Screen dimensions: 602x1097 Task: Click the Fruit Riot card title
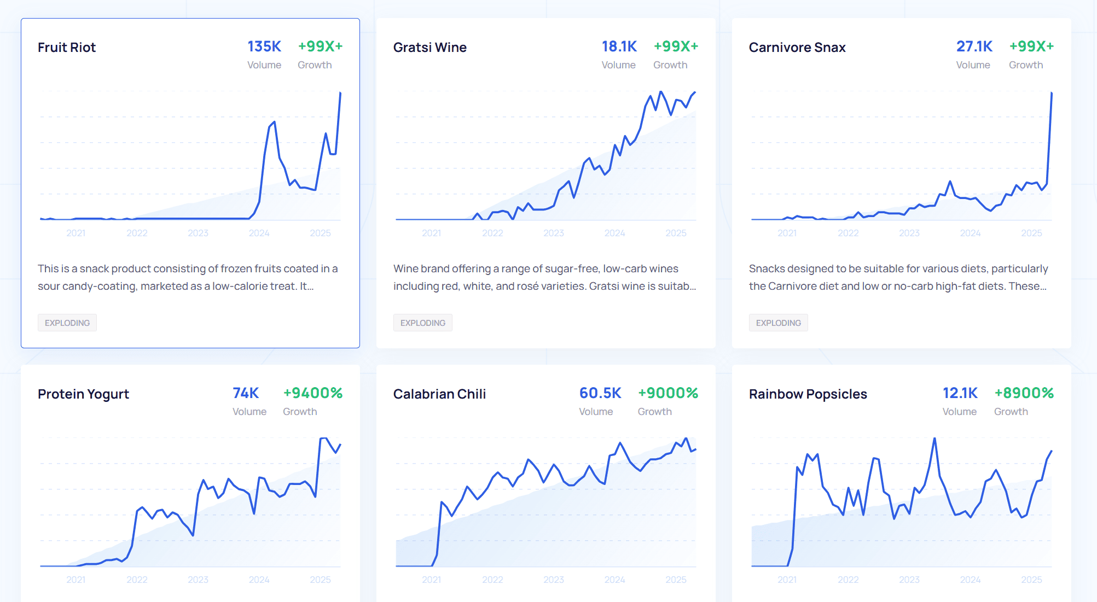point(67,48)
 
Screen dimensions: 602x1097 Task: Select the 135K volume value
point(264,46)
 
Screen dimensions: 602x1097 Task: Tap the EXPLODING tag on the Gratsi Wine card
point(422,323)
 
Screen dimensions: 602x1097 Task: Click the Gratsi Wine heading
point(429,48)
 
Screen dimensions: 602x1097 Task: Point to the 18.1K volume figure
point(619,46)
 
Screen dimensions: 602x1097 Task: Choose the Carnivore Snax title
point(797,48)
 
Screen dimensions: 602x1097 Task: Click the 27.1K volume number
point(974,46)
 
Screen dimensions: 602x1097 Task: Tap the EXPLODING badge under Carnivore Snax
point(778,323)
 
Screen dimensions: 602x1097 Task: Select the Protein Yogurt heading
point(83,394)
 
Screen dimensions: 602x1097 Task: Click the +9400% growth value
point(312,393)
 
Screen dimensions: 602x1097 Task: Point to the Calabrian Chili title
point(439,394)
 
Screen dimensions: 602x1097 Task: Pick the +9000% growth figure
point(668,393)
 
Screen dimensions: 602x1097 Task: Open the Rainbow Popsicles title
point(808,394)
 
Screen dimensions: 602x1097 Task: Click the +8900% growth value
point(1024,393)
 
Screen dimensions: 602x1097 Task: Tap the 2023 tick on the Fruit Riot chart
point(198,233)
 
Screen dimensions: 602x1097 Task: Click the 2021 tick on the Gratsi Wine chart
point(431,233)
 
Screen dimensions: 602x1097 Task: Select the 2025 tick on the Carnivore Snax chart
point(1031,233)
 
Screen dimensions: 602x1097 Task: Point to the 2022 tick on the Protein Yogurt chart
point(137,580)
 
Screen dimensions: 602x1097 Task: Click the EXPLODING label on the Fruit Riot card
point(67,323)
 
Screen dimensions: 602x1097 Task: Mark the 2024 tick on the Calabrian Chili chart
point(614,580)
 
